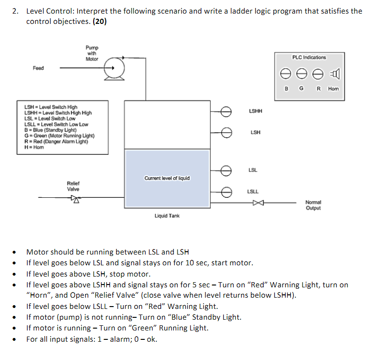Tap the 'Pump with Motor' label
pos(92,53)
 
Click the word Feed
pos(38,68)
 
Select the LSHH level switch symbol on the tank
pos(227,111)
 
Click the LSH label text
pos(256,133)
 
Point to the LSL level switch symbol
pos(227,170)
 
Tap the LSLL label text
pos(253,191)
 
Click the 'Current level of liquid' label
pos(167,178)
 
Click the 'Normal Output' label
pos(313,205)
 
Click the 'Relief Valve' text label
pos(74,186)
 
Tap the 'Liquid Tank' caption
pos(167,216)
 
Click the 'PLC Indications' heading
pos(309,57)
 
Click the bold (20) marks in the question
pos(99,22)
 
